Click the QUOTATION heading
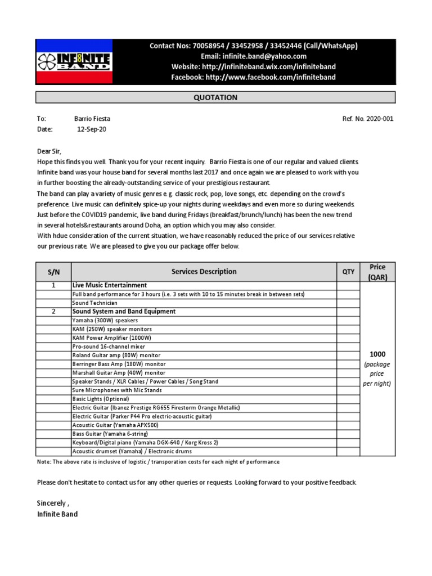point(215,97)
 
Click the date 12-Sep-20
point(91,129)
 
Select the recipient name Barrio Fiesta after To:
point(92,119)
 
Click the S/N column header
point(53,272)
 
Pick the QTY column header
point(348,272)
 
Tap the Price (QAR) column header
point(377,272)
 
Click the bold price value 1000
point(377,354)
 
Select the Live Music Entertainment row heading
point(110,285)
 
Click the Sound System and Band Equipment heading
point(124,311)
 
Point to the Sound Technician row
point(95,303)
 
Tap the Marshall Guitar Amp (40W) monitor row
point(119,372)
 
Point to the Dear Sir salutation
point(48,151)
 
